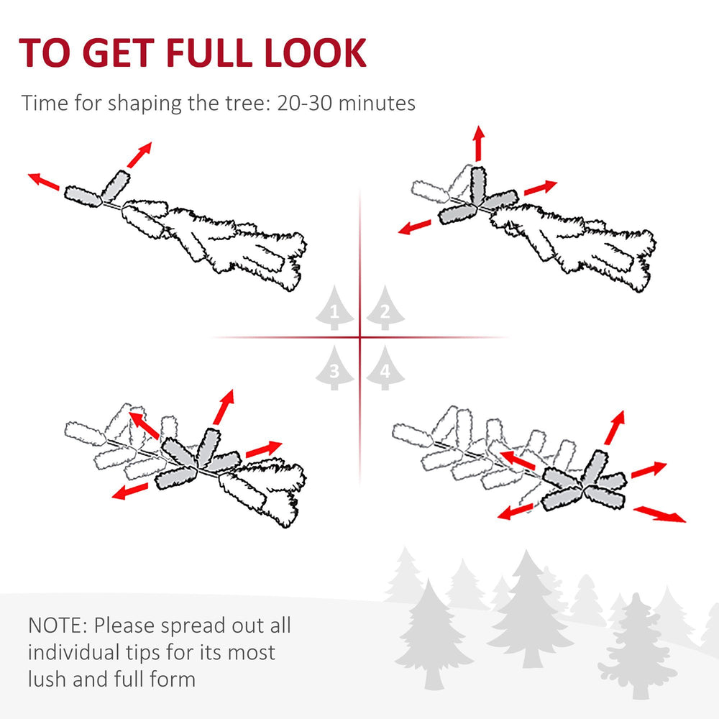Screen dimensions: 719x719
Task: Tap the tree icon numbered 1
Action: (x=334, y=308)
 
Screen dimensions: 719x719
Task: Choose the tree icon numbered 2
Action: (x=385, y=308)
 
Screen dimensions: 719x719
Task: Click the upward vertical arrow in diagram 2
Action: (x=478, y=142)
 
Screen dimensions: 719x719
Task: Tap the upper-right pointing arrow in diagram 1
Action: (x=139, y=154)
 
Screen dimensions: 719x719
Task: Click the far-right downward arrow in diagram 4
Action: (x=660, y=513)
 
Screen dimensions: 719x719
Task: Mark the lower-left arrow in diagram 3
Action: (x=129, y=491)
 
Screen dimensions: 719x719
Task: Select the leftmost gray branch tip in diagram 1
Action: (x=83, y=196)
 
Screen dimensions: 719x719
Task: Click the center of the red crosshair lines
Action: (x=359, y=337)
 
